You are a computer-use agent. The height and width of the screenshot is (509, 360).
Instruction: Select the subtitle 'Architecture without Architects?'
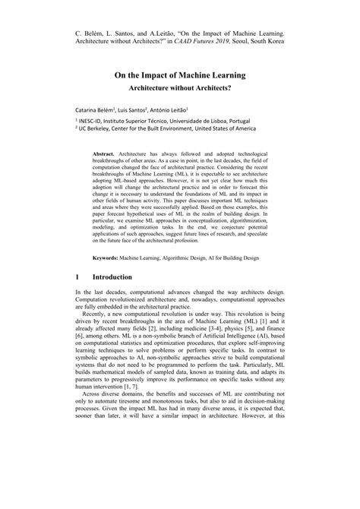tap(180, 88)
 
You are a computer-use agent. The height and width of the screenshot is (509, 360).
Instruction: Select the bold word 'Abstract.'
tap(106, 152)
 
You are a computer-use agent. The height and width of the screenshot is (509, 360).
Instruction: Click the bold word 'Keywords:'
tap(110, 258)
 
